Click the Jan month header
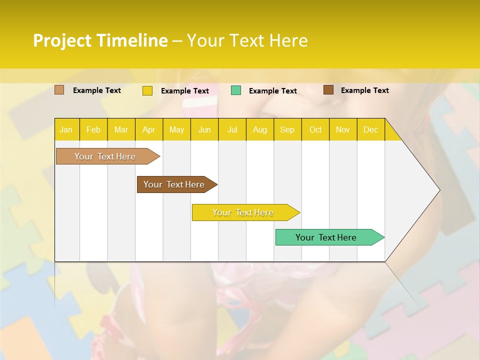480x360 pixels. pyautogui.click(x=66, y=129)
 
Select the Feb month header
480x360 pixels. pyautogui.click(x=93, y=129)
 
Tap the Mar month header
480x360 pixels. pyautogui.click(x=121, y=129)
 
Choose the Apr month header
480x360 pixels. pyautogui.click(x=149, y=129)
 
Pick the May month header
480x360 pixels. pyautogui.click(x=176, y=129)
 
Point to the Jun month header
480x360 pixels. pyautogui.click(x=204, y=129)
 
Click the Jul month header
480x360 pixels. pyautogui.click(x=232, y=129)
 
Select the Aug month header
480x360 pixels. pyautogui.click(x=260, y=129)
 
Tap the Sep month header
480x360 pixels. pyautogui.click(x=287, y=129)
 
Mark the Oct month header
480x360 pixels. pyautogui.click(x=315, y=129)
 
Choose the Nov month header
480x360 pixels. pyautogui.click(x=343, y=129)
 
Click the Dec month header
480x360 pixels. pyautogui.click(x=371, y=129)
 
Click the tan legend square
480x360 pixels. pyautogui.click(x=59, y=90)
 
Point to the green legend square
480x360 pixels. pyautogui.click(x=236, y=90)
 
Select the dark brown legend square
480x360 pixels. pyautogui.click(x=328, y=90)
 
